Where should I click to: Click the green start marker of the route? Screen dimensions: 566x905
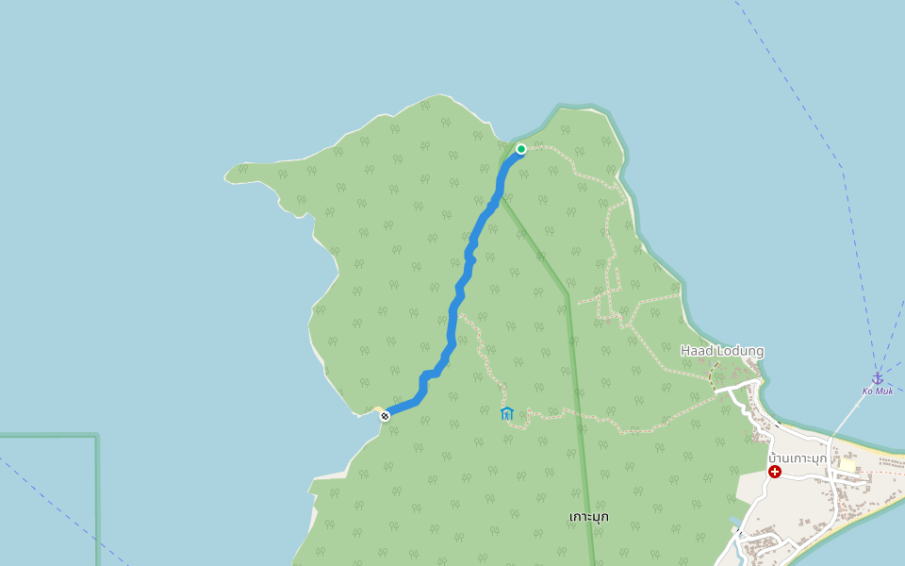click(x=520, y=148)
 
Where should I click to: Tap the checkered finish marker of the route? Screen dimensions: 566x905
click(x=385, y=415)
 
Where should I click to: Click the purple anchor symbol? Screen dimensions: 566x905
click(x=877, y=377)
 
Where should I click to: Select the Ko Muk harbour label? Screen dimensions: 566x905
click(x=877, y=391)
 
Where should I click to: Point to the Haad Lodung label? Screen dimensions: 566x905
click(x=722, y=351)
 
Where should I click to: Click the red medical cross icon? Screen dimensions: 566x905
click(x=775, y=471)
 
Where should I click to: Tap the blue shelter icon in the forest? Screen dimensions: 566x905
click(x=507, y=413)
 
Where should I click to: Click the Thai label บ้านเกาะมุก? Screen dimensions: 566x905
click(x=798, y=458)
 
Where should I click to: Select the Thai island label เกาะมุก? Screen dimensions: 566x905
click(x=589, y=516)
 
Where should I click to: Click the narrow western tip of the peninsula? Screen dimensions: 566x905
click(x=230, y=175)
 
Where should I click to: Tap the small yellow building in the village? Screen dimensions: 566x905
click(x=848, y=465)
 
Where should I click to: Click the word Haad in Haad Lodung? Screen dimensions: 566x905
click(x=696, y=351)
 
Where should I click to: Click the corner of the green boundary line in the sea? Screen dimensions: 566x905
click(x=96, y=436)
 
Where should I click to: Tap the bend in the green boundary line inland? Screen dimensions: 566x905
click(x=567, y=294)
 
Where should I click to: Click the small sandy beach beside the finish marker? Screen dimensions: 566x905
click(x=376, y=409)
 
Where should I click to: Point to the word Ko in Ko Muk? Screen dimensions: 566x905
click(x=868, y=391)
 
